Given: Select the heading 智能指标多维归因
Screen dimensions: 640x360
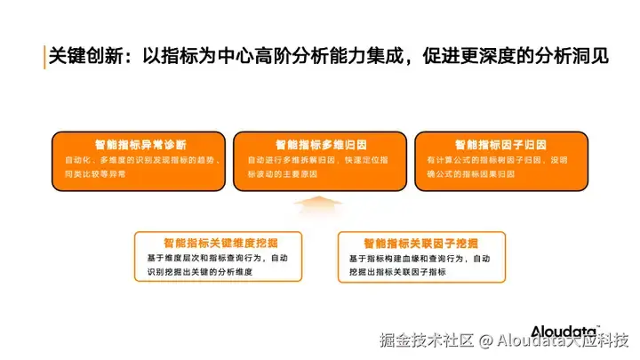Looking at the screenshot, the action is [319, 144].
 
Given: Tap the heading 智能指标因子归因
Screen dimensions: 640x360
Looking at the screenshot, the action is [500, 144].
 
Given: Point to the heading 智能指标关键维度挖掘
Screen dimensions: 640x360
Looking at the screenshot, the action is [220, 242].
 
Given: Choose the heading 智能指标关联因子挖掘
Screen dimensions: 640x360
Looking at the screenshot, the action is [420, 242].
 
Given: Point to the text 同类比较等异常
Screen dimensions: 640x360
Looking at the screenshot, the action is [95, 174].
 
